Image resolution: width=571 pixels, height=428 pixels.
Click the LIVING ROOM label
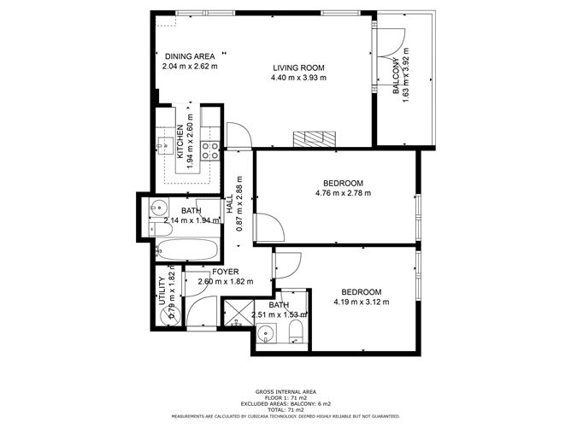[x=298, y=67]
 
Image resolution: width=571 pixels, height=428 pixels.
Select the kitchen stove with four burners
[x=211, y=150]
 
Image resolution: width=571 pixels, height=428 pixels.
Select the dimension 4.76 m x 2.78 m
[x=344, y=193]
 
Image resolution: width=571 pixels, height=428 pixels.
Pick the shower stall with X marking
[x=236, y=313]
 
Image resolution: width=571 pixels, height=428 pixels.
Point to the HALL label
[x=230, y=204]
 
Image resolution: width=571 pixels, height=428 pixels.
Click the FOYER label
[x=225, y=272]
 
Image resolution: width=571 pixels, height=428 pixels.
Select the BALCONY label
[x=397, y=78]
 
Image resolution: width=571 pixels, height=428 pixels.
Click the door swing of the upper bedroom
[x=273, y=227]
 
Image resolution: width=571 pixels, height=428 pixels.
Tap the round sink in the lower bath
[x=267, y=334]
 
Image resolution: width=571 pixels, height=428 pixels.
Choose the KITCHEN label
[x=180, y=142]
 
